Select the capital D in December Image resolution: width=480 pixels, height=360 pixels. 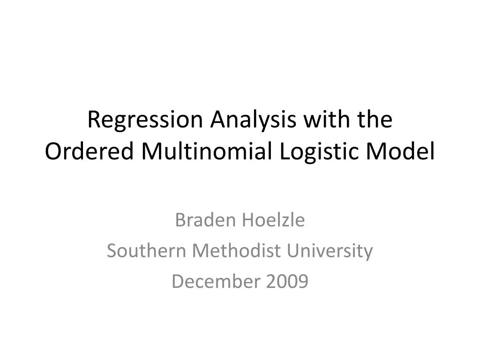[178, 281]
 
